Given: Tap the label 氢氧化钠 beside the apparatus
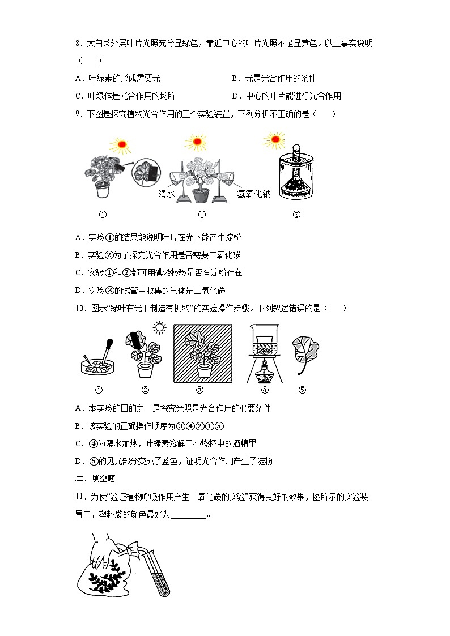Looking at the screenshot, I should (x=253, y=194).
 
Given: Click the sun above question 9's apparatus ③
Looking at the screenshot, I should (x=275, y=138).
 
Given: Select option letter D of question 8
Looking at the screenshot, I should (x=235, y=96).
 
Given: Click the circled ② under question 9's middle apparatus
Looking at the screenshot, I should (x=201, y=214).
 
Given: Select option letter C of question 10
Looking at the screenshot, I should (x=78, y=443).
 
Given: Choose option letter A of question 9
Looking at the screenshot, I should (x=78, y=237).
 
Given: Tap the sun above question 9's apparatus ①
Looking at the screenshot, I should (x=121, y=145).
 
